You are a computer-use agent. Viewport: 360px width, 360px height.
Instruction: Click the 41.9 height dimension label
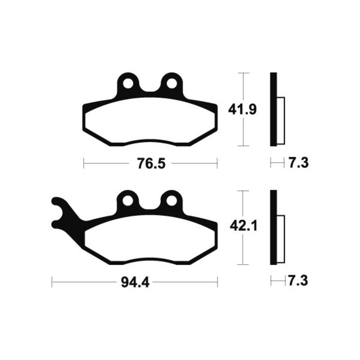[243, 109]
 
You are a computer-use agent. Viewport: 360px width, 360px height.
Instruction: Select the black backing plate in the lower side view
[273, 228]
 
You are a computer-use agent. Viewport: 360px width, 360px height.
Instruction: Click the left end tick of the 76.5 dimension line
[84, 163]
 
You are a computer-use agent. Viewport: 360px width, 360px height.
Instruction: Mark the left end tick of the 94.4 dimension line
[53, 283]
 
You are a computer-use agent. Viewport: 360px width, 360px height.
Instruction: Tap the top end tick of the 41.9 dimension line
[243, 73]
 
